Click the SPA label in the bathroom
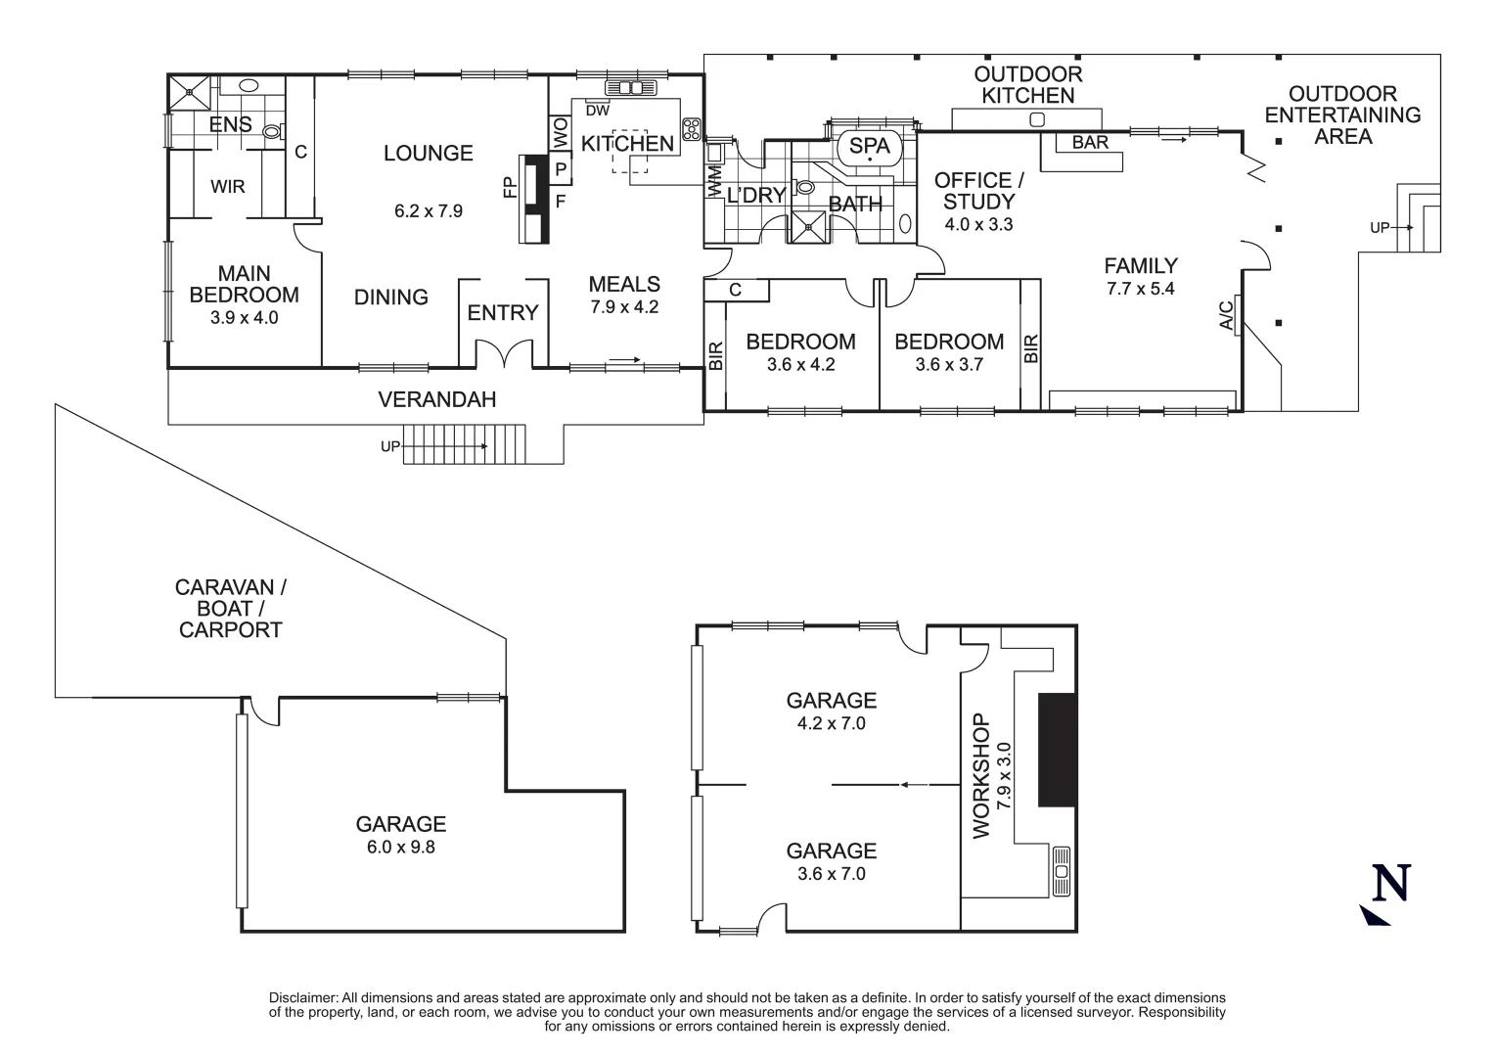coord(869,146)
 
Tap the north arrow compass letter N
coord(1391,883)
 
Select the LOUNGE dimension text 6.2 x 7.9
coord(429,210)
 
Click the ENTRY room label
coord(503,313)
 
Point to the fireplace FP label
coord(510,188)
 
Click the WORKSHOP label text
coord(981,776)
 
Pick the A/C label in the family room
coord(1226,314)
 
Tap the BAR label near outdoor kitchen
coord(1090,143)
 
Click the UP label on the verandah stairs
coord(390,446)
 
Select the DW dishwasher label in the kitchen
coord(597,111)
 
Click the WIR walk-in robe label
coord(227,186)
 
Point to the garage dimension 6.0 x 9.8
coord(400,848)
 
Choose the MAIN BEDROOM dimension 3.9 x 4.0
coord(244,318)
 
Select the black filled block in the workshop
coord(1056,750)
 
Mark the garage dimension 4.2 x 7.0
coord(831,724)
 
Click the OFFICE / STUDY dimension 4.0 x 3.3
coord(977,225)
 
